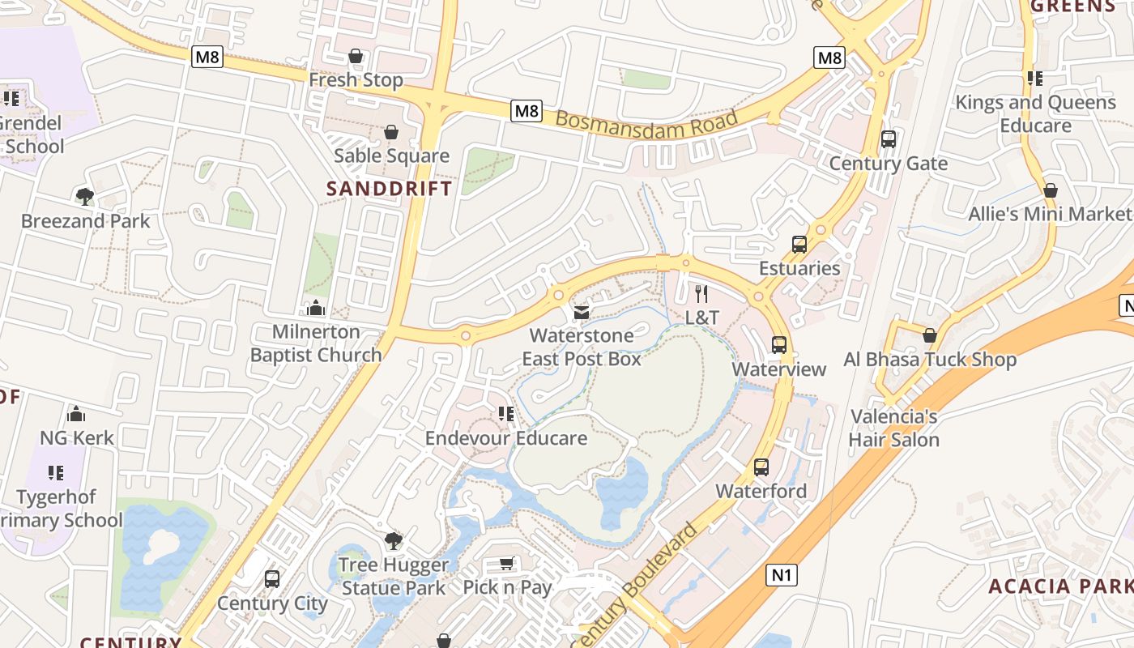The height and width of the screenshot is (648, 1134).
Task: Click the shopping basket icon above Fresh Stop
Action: (x=355, y=56)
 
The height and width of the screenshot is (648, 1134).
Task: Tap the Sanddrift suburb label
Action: (x=389, y=189)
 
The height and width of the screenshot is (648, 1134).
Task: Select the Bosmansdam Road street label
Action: (x=647, y=125)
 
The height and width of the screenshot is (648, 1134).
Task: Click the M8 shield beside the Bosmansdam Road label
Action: (x=526, y=111)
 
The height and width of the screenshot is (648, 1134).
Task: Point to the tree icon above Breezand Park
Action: (x=84, y=196)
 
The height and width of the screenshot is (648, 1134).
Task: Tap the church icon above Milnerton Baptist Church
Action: (x=316, y=308)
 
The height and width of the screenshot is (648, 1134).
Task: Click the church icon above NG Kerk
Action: (x=76, y=414)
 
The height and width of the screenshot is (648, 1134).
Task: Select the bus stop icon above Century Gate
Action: (x=889, y=139)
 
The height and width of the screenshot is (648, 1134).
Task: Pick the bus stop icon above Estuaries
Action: (x=799, y=244)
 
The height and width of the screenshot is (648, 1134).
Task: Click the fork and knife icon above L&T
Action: (x=701, y=293)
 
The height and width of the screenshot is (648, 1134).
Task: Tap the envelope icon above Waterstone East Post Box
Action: (x=581, y=312)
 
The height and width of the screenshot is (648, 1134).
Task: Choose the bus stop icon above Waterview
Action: (x=779, y=345)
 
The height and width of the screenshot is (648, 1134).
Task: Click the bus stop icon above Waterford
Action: (x=761, y=467)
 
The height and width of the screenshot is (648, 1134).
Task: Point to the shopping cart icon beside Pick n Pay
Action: (x=507, y=563)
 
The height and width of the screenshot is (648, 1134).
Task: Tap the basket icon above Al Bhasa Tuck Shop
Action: (x=930, y=335)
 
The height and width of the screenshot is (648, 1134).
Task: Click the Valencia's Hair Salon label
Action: (x=894, y=428)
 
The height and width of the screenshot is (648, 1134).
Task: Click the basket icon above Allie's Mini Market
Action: (x=1051, y=190)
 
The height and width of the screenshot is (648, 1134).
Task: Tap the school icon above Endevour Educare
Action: (x=506, y=414)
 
